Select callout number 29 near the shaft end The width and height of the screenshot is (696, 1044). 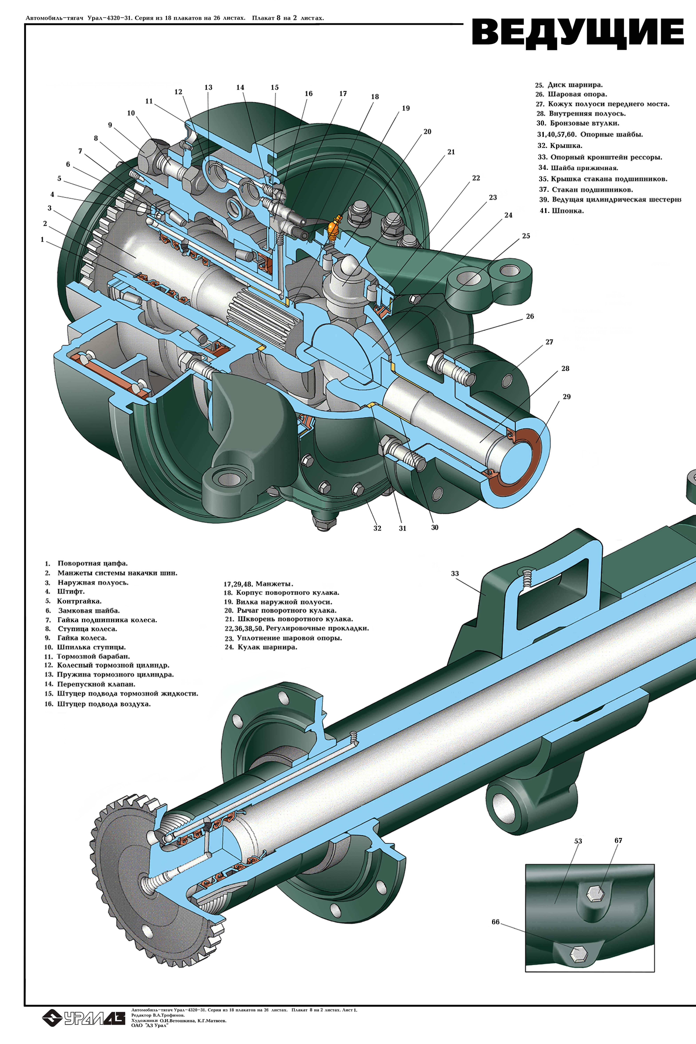point(566,397)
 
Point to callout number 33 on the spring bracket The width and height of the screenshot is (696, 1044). point(454,574)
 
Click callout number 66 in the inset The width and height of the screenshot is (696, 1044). point(495,922)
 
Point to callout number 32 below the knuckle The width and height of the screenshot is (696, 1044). point(377,528)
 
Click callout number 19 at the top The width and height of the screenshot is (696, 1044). point(406,108)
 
